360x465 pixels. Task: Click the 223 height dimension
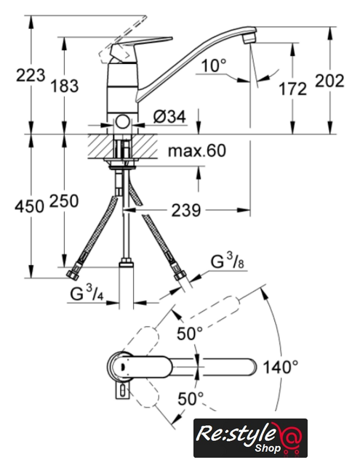pyautogui.click(x=31, y=76)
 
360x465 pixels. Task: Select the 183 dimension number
pyautogui.click(x=65, y=86)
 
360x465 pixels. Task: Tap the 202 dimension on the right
pyautogui.click(x=329, y=81)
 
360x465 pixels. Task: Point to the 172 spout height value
pyautogui.click(x=292, y=89)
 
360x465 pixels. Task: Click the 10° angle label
pyautogui.click(x=214, y=65)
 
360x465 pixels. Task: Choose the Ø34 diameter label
pyautogui.click(x=169, y=116)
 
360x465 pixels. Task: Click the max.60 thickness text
pyautogui.click(x=197, y=150)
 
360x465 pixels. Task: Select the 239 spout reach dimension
pyautogui.click(x=186, y=211)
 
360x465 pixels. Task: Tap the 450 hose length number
pyautogui.click(x=29, y=206)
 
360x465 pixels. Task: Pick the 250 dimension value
pyautogui.click(x=64, y=201)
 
